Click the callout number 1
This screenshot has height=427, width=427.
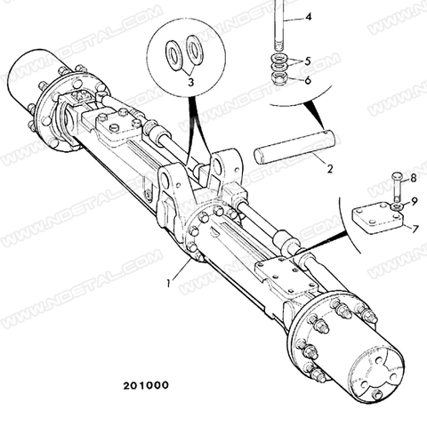click(168, 283)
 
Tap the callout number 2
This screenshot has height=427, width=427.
click(330, 169)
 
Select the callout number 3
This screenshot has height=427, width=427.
click(191, 82)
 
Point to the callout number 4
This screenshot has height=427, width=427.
click(309, 17)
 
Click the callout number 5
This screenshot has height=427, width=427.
click(307, 61)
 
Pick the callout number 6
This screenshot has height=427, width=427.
click(308, 80)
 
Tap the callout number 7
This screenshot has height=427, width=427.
click(415, 229)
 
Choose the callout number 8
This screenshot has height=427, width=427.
click(413, 178)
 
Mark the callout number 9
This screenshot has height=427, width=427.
click(415, 202)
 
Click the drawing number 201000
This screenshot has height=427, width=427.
click(146, 385)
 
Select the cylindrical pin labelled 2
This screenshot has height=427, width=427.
click(294, 147)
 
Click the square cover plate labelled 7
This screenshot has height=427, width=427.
click(378, 218)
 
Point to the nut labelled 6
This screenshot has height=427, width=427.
click(278, 78)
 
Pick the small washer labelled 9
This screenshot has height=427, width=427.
click(397, 206)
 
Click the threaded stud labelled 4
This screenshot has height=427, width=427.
click(279, 26)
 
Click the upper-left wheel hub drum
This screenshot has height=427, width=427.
click(32, 80)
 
